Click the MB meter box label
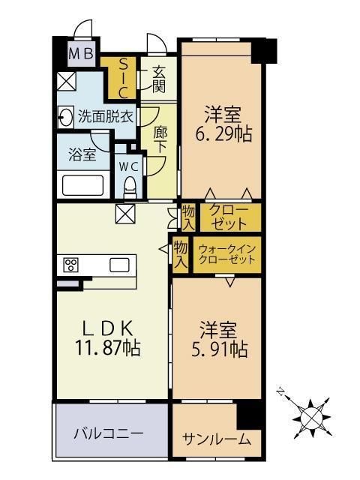click(81, 54)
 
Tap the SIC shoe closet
click(123, 78)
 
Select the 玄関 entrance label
click(159, 79)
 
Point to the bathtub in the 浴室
click(82, 185)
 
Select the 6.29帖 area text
click(223, 134)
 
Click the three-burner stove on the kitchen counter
click(71, 265)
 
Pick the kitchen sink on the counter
click(119, 265)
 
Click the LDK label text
click(108, 328)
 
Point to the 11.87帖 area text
click(108, 348)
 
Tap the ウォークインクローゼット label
click(226, 254)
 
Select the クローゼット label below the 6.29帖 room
click(229, 217)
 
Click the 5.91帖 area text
click(220, 349)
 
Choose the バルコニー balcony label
click(109, 433)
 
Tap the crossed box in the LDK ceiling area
click(125, 214)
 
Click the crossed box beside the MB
click(67, 82)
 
